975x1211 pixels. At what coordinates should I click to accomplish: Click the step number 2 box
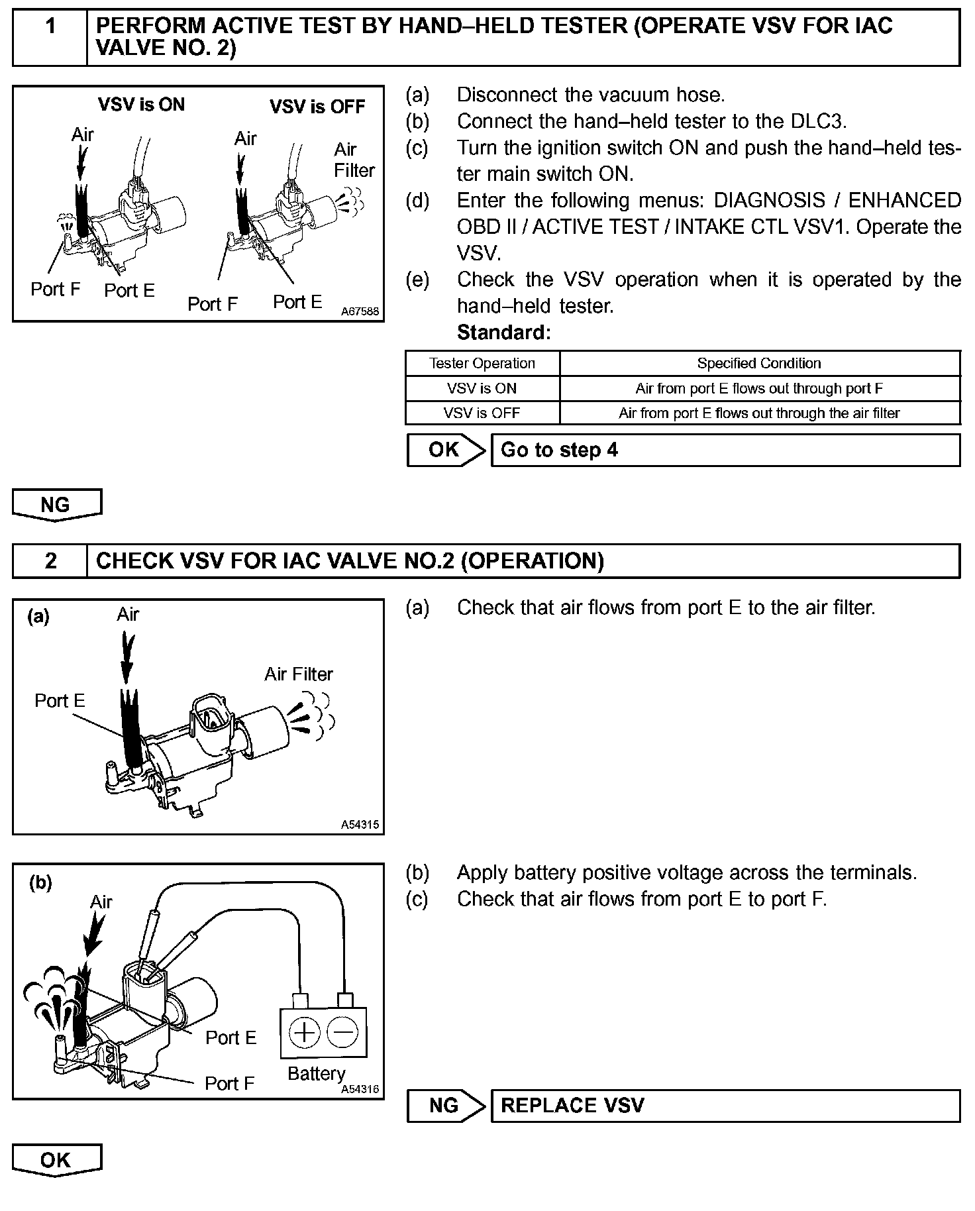click(50, 561)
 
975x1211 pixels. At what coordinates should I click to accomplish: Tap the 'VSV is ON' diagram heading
click(141, 105)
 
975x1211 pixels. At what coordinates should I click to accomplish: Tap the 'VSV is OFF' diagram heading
click(317, 107)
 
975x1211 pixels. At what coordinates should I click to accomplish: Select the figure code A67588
click(360, 311)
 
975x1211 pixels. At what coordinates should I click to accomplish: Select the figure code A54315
click(360, 825)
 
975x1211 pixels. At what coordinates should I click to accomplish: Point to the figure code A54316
click(360, 1090)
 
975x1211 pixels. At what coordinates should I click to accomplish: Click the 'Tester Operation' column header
click(482, 363)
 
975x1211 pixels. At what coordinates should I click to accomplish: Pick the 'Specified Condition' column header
click(759, 363)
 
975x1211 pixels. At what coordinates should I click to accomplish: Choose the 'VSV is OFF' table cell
click(482, 413)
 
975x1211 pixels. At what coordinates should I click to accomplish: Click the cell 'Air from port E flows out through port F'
click(759, 388)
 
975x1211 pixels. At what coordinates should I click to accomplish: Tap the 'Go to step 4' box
click(725, 450)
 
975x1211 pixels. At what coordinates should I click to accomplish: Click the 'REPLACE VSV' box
click(725, 1106)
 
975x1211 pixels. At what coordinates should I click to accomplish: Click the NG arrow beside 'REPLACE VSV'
click(445, 1106)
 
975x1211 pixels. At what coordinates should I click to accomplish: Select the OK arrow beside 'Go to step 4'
click(445, 450)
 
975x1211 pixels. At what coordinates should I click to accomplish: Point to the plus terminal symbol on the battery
click(305, 1032)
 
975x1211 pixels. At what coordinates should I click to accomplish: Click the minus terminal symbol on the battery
click(343, 1032)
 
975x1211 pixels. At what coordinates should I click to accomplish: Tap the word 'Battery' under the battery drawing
click(316, 1073)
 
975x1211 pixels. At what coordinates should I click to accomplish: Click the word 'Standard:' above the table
click(503, 332)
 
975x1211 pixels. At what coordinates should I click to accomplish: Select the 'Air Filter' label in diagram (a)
click(299, 674)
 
